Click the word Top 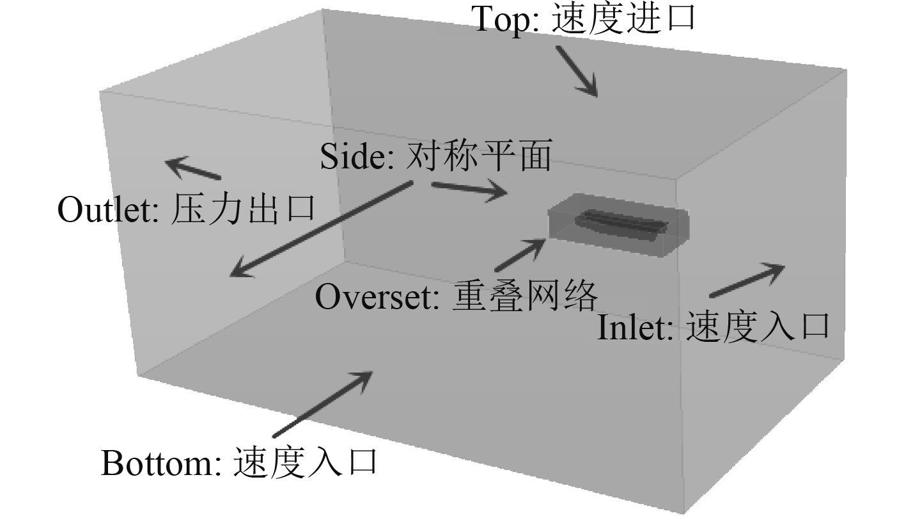(x=502, y=20)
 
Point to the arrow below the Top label (x=577, y=72)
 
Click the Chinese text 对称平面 (x=478, y=156)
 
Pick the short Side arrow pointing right (x=469, y=189)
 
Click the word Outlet (x=108, y=209)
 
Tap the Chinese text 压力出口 (x=244, y=209)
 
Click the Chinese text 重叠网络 (x=526, y=296)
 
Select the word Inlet (x=635, y=328)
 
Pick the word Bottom (x=157, y=463)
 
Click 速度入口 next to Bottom (x=304, y=462)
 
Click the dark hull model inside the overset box (x=620, y=224)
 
